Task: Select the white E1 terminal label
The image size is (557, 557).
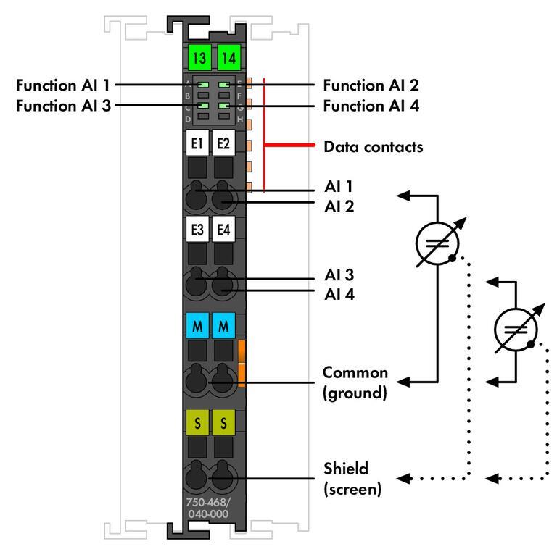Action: click(x=197, y=144)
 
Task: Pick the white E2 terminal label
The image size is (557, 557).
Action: click(x=223, y=144)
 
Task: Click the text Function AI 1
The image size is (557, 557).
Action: click(x=63, y=85)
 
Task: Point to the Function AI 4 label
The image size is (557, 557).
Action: click(x=371, y=105)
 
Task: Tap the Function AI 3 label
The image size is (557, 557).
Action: click(x=63, y=105)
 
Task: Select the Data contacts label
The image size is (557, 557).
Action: click(x=373, y=147)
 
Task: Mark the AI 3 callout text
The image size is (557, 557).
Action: click(x=338, y=276)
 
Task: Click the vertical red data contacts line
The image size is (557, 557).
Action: click(x=265, y=134)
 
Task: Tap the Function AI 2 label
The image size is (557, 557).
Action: click(x=371, y=85)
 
